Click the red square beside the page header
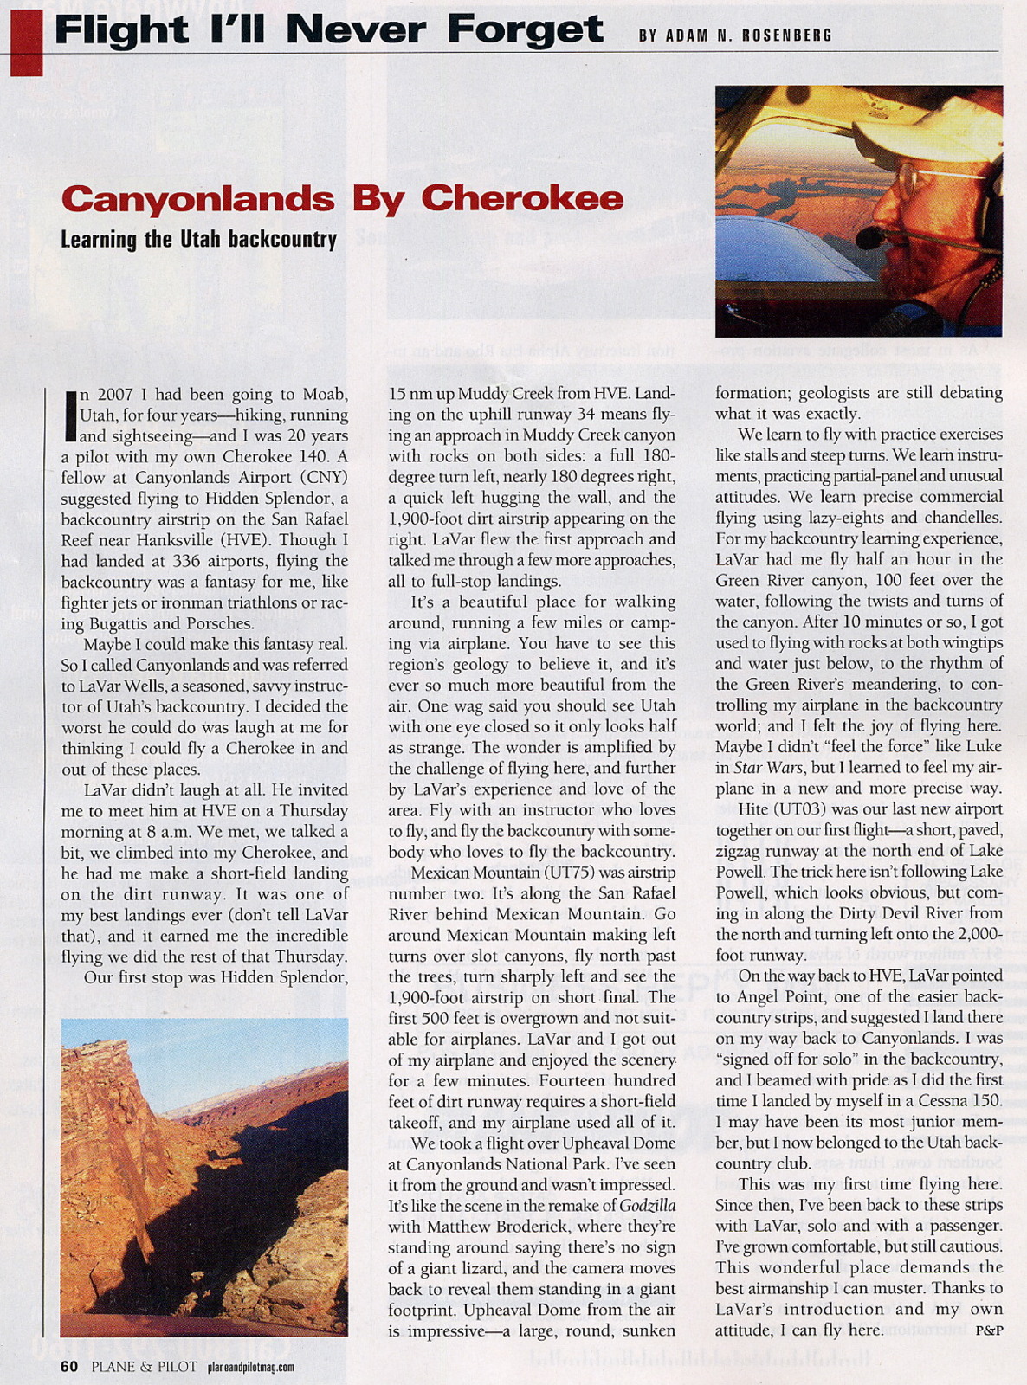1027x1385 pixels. tap(26, 41)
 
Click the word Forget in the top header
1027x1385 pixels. tap(525, 31)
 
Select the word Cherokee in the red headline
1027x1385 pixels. tap(522, 199)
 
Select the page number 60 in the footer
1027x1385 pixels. tap(70, 1366)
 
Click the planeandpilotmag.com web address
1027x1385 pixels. tap(251, 1367)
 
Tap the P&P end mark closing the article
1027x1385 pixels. tap(988, 1330)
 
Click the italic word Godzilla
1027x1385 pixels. tap(648, 1206)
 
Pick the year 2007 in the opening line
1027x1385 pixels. tap(115, 395)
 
